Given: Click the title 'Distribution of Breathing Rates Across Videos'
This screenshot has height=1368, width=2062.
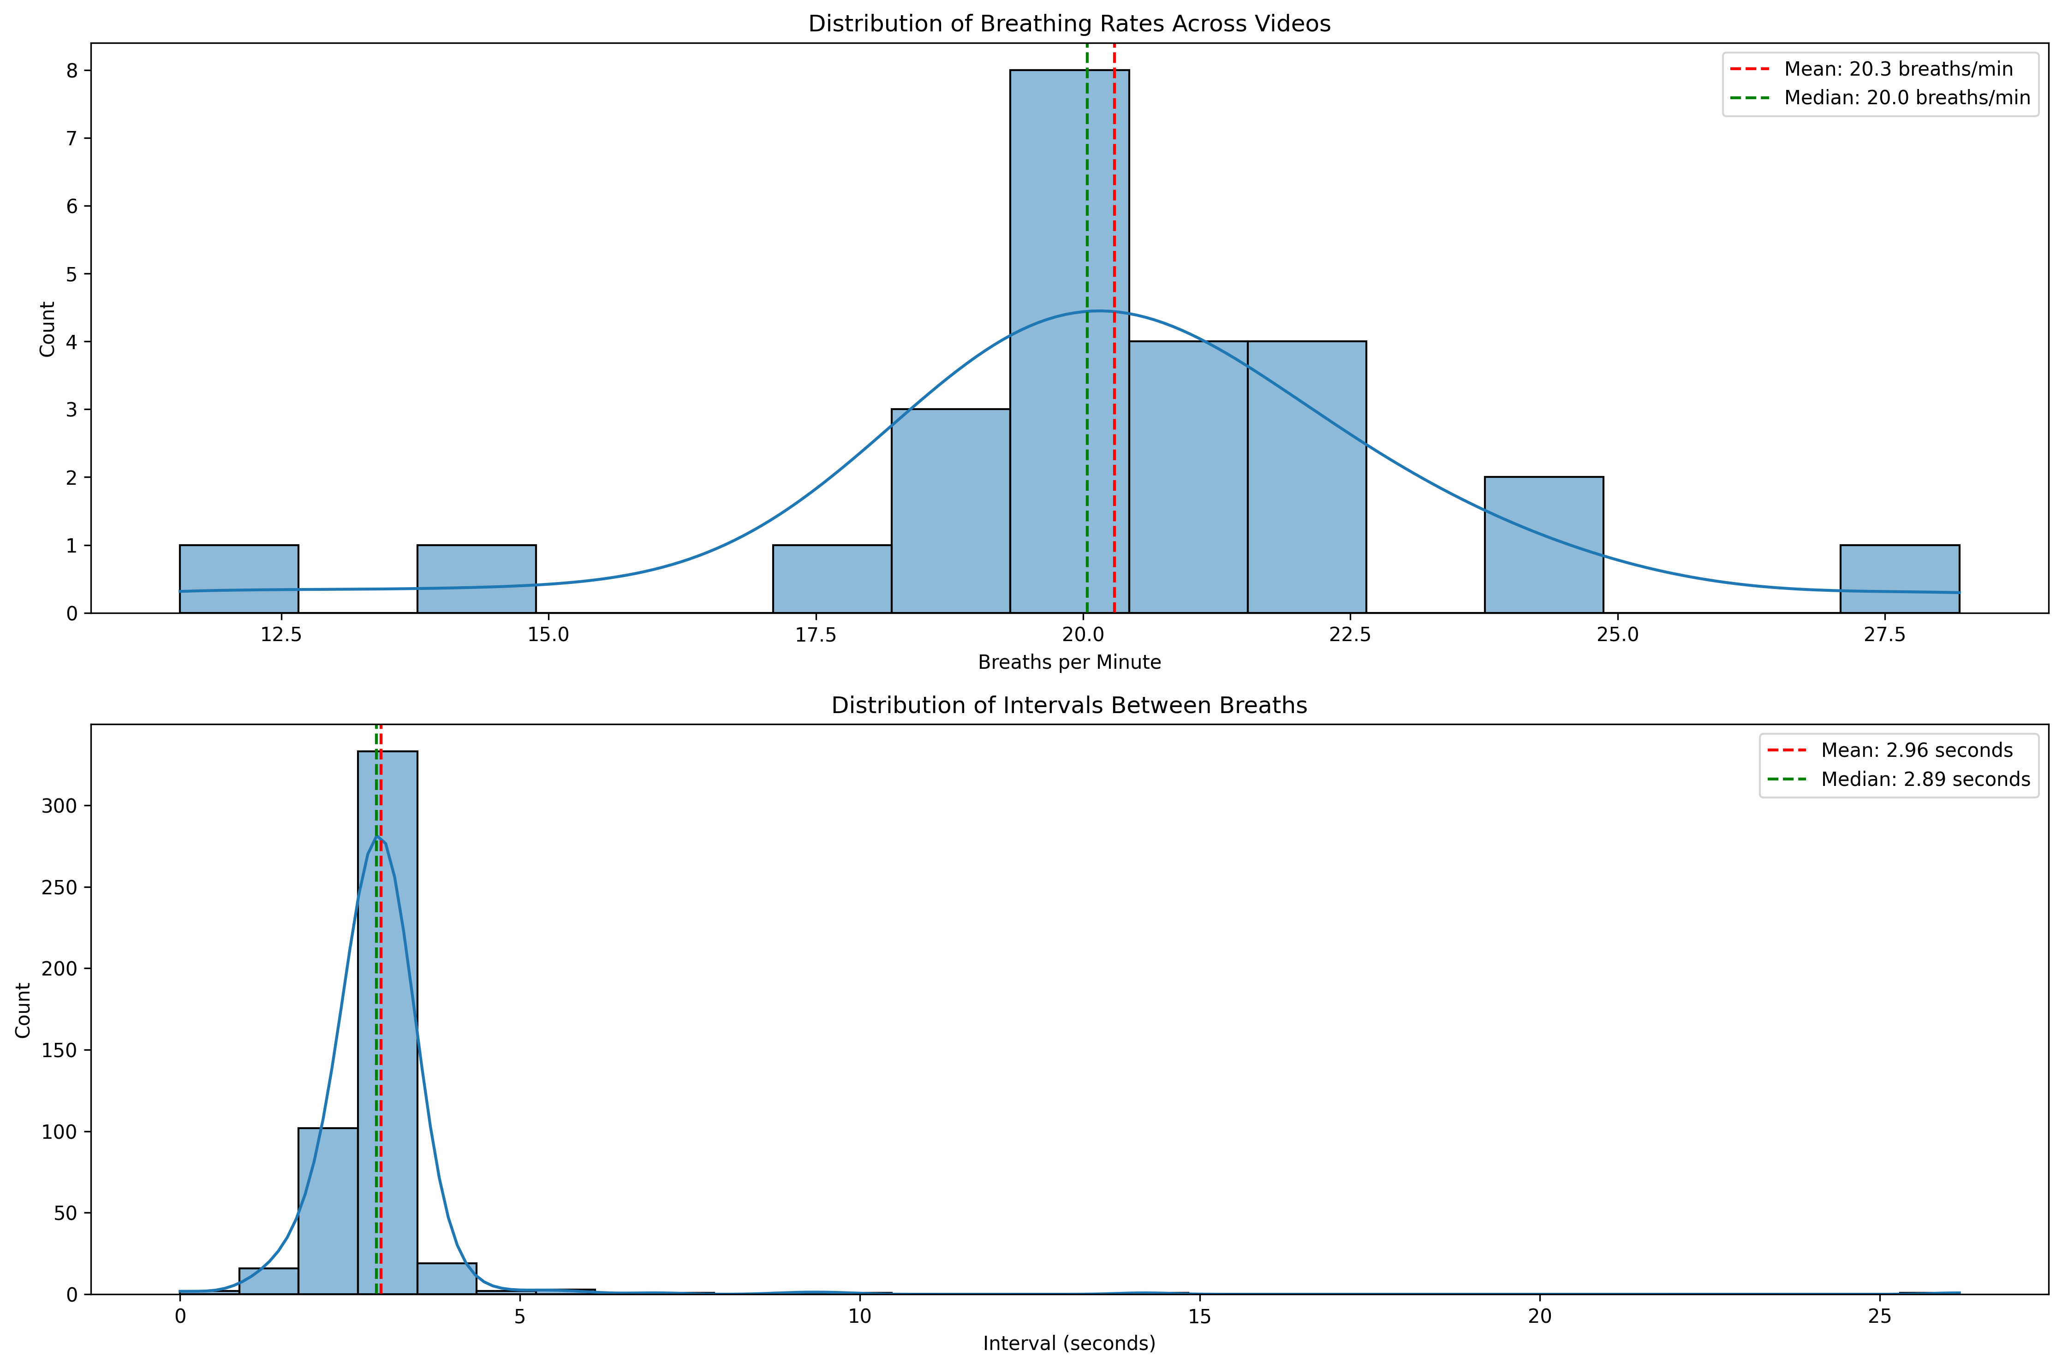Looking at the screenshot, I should tap(1069, 24).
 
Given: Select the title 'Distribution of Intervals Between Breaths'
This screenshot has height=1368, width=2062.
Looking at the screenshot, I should tap(1069, 705).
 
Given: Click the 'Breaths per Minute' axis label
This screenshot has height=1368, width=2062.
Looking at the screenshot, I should tap(1069, 662).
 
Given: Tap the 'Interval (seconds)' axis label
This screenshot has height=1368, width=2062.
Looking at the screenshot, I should tap(1069, 1344).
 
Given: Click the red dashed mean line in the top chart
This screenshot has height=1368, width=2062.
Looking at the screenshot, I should tap(1114, 218).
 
